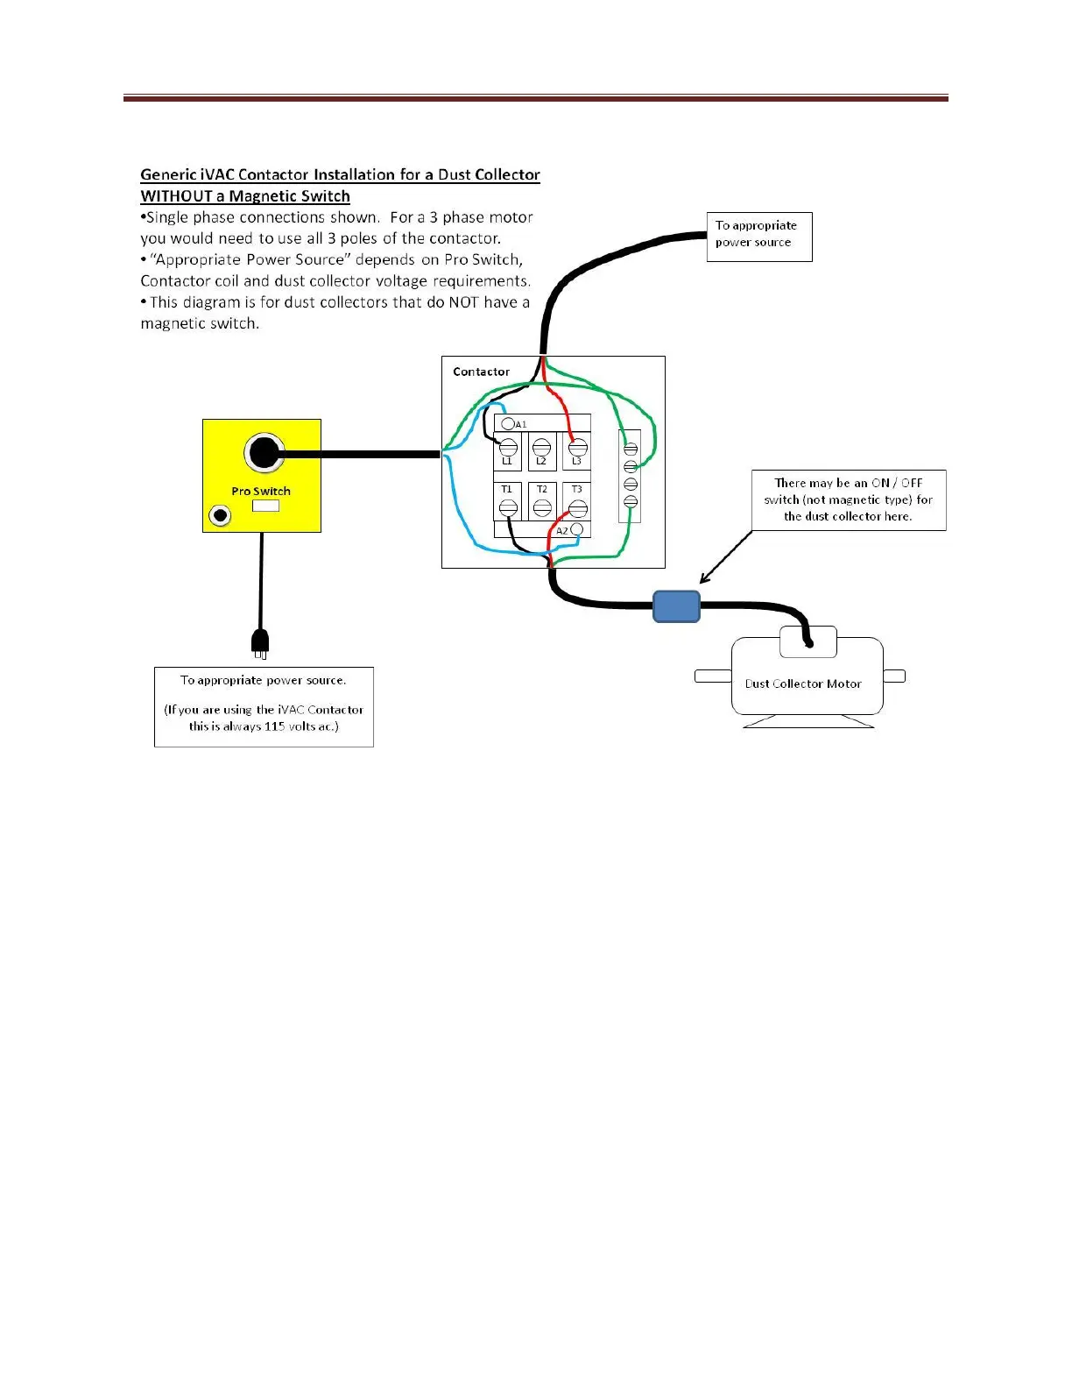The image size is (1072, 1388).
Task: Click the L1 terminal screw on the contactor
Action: click(x=508, y=448)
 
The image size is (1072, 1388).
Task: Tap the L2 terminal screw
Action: click(x=542, y=448)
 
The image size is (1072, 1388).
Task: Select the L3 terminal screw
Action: click(x=577, y=448)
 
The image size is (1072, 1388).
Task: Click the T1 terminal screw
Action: click(x=508, y=506)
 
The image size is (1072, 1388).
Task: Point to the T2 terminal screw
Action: click(x=542, y=506)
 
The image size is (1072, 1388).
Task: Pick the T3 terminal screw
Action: click(x=577, y=506)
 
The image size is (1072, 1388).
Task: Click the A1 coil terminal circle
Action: click(x=508, y=424)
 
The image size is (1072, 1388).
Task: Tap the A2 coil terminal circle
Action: click(x=576, y=529)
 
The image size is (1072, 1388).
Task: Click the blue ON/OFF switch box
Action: click(x=676, y=605)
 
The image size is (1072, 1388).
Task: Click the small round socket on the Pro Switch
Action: click(x=220, y=515)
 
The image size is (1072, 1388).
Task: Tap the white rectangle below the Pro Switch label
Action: click(x=265, y=506)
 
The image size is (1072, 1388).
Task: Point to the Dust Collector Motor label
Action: click(x=803, y=683)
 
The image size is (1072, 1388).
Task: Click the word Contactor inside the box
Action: click(x=481, y=372)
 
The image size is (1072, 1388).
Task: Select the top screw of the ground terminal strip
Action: click(x=631, y=450)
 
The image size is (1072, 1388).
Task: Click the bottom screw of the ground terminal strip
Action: click(x=631, y=501)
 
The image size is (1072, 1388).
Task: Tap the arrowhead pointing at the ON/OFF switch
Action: click(x=703, y=579)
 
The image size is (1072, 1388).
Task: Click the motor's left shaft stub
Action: click(x=713, y=676)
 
